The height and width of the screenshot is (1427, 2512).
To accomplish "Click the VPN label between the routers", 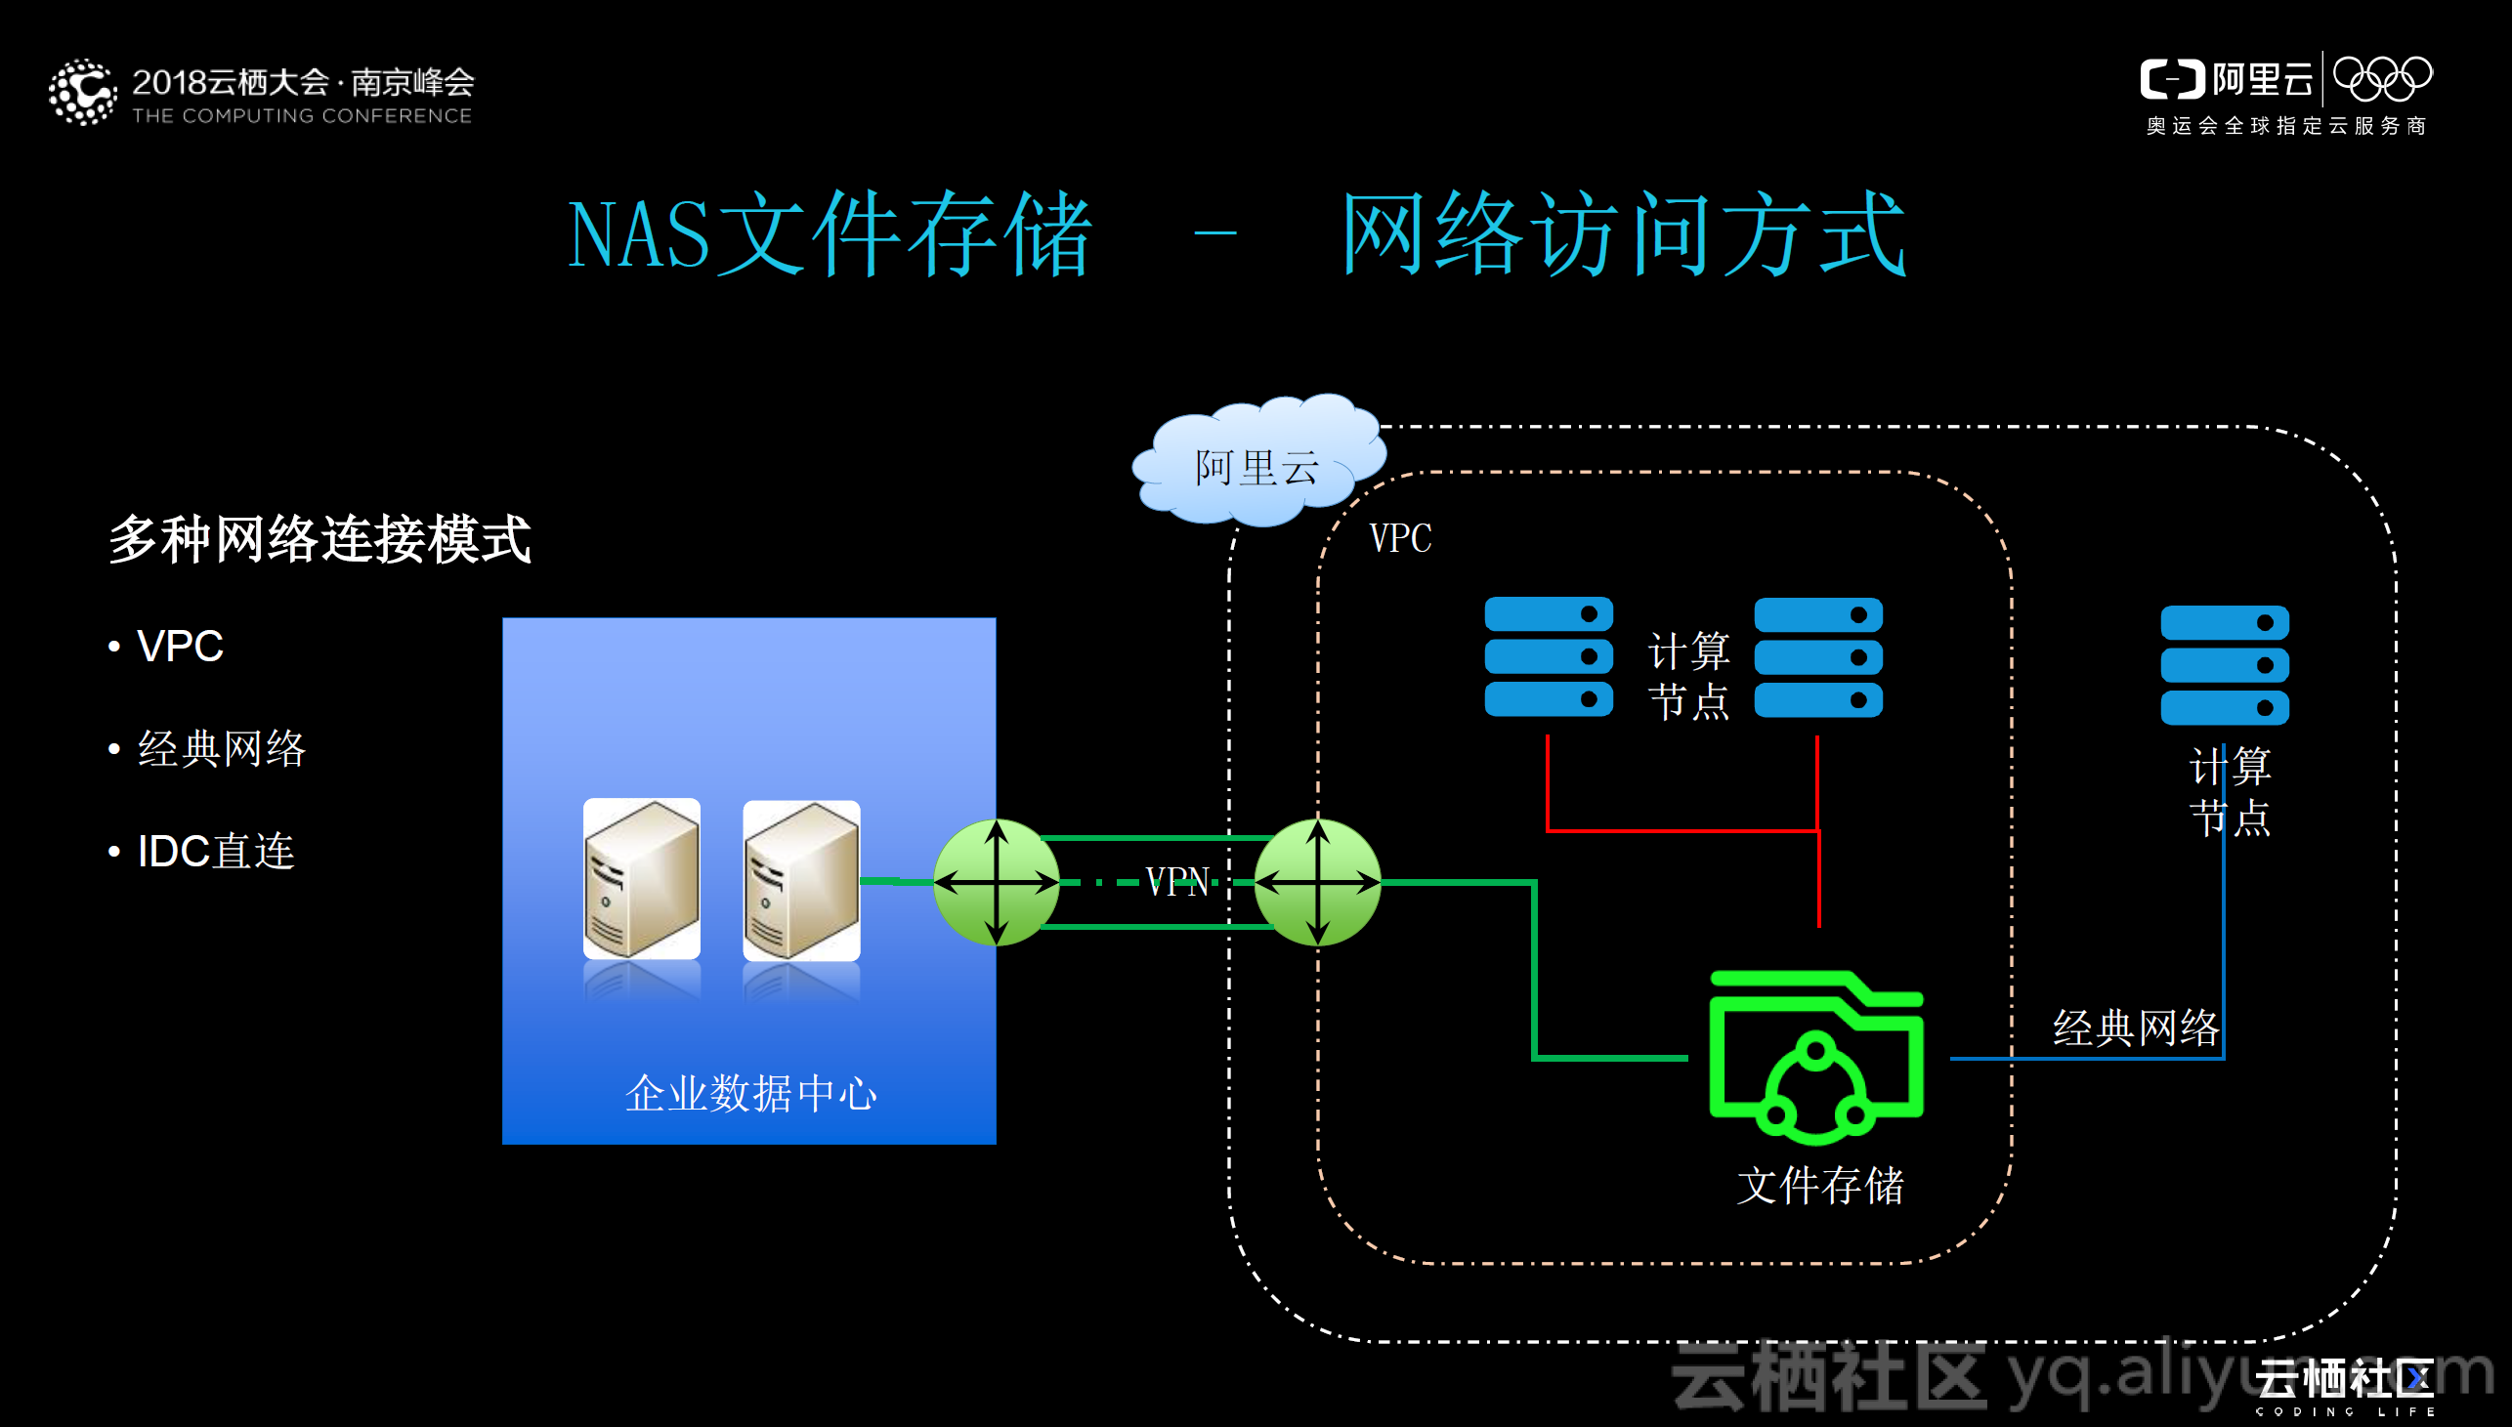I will [x=1177, y=882].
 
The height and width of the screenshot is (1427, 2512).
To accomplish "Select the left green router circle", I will [x=996, y=882].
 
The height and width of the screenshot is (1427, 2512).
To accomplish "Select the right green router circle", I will [x=1317, y=882].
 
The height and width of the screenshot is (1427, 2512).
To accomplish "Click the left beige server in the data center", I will [x=642, y=878].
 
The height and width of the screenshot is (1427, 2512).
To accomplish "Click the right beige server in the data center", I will [x=802, y=880].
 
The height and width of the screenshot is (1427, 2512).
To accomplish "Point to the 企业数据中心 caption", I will [x=750, y=1093].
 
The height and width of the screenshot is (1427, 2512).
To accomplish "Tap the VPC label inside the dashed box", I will [x=1399, y=538].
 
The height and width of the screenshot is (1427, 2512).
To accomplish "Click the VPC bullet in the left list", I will [x=181, y=647].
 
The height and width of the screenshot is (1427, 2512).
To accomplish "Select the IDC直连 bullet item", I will [x=216, y=851].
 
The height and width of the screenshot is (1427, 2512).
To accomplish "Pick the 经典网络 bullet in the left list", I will [x=222, y=749].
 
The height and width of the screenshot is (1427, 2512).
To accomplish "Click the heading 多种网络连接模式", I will [x=319, y=539].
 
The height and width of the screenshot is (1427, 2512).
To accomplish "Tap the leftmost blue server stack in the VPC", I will [x=1549, y=656].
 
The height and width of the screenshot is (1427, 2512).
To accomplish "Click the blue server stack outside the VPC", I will [x=2224, y=664].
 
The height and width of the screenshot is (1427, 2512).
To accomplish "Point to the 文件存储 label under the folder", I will [x=1820, y=1186].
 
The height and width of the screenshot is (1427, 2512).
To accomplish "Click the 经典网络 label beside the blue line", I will [x=2135, y=1028].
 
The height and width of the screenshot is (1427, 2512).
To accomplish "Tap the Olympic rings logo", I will [x=2382, y=78].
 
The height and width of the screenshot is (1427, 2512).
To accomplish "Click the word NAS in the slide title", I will [x=638, y=235].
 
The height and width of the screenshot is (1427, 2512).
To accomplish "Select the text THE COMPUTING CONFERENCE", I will [x=302, y=115].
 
